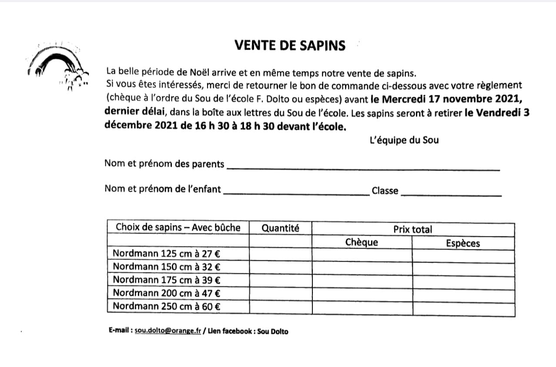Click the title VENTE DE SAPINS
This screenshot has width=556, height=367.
click(x=290, y=45)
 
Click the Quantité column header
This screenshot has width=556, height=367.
click(x=280, y=228)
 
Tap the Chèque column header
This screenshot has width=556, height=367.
click(x=362, y=242)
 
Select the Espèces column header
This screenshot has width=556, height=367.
click(x=463, y=243)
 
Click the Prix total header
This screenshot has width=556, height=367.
click(x=412, y=229)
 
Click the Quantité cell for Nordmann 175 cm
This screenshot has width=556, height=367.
click(x=280, y=279)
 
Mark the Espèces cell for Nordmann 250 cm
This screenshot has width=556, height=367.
click(x=463, y=307)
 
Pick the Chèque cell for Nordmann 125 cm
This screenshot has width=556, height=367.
click(x=362, y=254)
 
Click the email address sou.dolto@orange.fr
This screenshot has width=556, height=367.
click(x=168, y=331)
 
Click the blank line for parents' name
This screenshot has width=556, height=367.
click(x=363, y=168)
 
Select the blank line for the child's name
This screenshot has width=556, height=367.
click(x=296, y=193)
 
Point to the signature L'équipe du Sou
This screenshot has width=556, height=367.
click(x=404, y=140)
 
